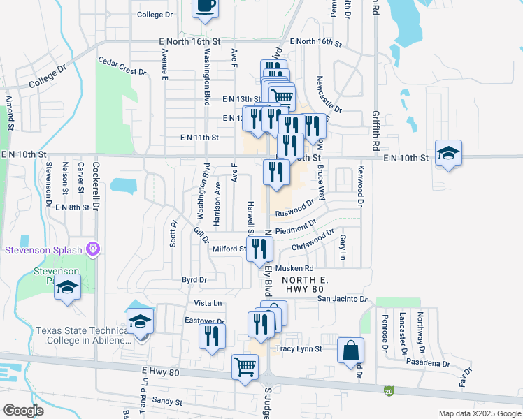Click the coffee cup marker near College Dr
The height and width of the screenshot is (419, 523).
[x=205, y=6]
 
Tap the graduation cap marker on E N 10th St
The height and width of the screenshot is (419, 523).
[x=447, y=154]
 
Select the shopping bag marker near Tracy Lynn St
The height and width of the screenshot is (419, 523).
[x=351, y=351]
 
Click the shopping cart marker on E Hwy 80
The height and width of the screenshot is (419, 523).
[x=245, y=367]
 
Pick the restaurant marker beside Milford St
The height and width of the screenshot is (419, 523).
[x=260, y=249]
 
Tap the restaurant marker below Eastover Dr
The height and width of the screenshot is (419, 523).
[x=211, y=336]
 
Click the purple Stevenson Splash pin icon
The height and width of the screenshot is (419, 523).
[x=92, y=249]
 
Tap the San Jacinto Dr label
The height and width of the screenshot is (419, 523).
[x=342, y=299]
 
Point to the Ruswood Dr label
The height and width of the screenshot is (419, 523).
[x=292, y=209]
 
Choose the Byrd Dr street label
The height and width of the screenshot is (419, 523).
[x=194, y=279]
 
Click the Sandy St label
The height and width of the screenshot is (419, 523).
[x=167, y=402]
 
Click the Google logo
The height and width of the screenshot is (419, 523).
[x=23, y=411]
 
